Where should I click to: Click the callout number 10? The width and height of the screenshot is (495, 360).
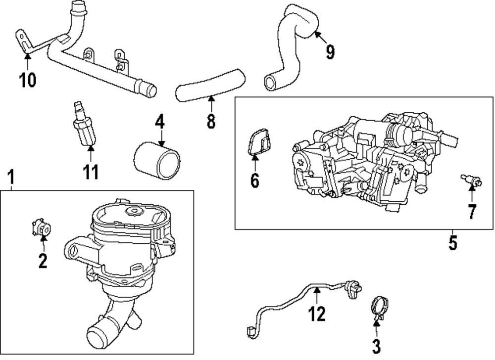28,79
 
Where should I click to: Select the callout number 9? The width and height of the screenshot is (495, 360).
330,51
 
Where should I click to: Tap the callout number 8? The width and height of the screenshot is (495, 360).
211,121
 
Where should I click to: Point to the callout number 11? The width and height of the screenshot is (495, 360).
91,172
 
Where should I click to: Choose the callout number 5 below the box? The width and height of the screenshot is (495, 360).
452,243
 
